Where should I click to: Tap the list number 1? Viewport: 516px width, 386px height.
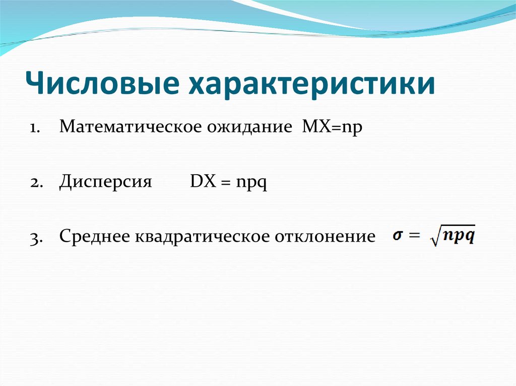(34, 128)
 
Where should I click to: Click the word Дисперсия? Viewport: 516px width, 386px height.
(105, 183)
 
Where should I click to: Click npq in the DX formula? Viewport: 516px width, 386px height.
(251, 184)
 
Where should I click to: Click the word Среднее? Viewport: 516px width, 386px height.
(94, 237)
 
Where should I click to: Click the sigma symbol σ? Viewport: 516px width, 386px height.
(398, 236)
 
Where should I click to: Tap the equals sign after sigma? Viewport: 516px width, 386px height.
(415, 235)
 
